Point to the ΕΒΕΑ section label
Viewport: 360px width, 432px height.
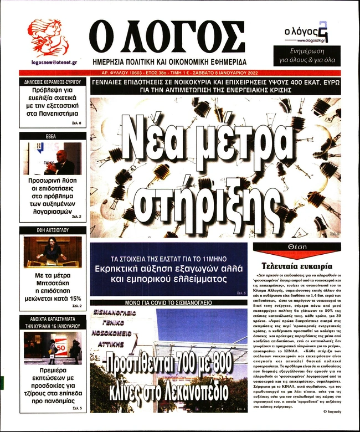pyautogui.click(x=53, y=136)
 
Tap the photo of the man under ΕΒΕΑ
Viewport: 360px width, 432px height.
pyautogui.click(x=53, y=158)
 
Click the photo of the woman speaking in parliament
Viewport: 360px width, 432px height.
pyautogui.click(x=53, y=252)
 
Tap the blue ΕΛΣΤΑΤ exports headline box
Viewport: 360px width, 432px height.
pyautogui.click(x=169, y=269)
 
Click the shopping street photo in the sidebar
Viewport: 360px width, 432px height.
pyautogui.click(x=53, y=348)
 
